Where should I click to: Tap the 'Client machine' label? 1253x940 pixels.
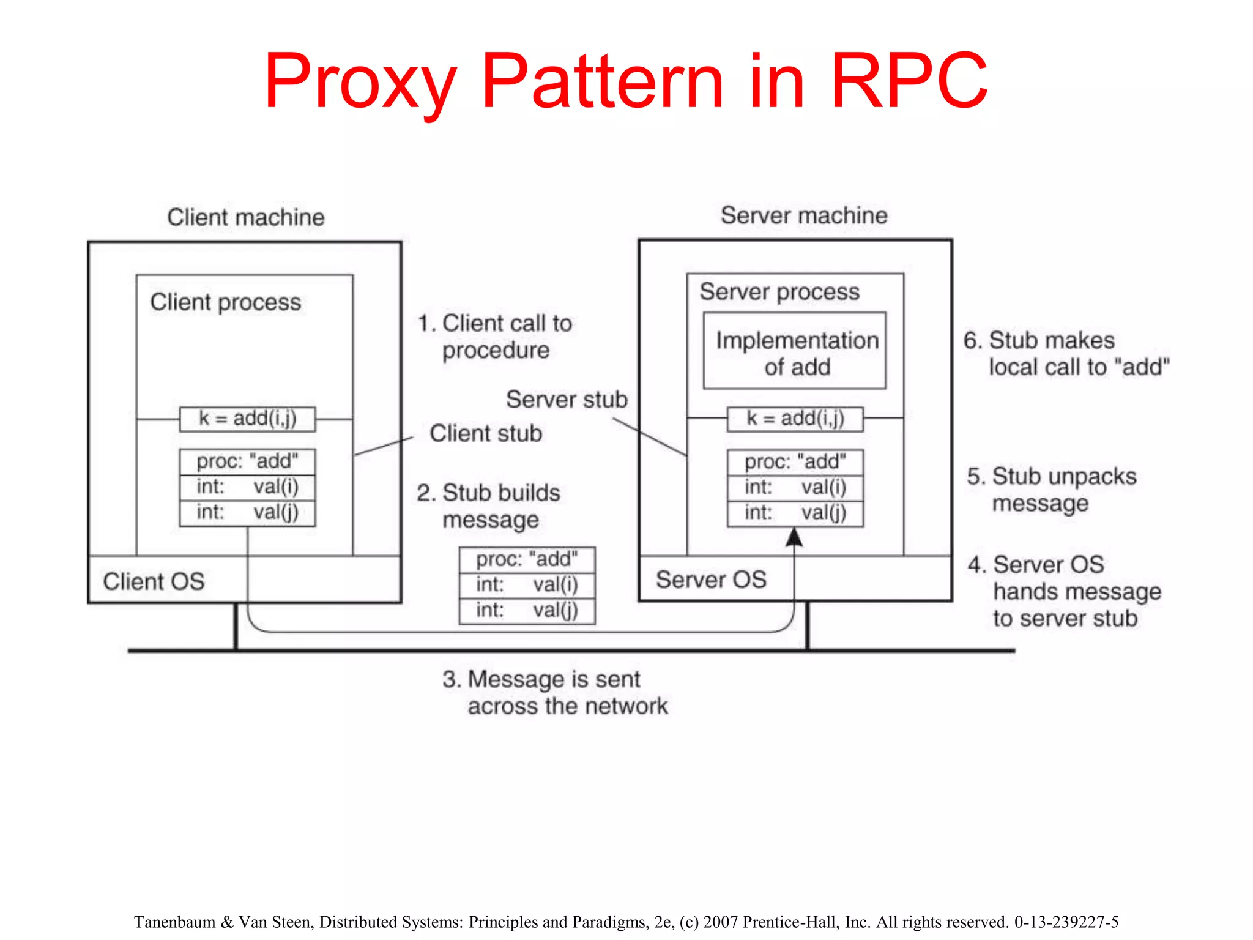tap(246, 217)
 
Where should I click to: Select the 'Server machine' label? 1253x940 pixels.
tap(803, 215)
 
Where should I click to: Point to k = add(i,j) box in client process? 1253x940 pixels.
tap(247, 419)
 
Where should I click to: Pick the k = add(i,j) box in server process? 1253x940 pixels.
tap(795, 419)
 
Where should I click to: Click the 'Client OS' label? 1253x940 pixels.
tap(154, 581)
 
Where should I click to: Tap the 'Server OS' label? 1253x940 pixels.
tap(711, 580)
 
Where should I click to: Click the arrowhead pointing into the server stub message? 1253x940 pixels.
tap(794, 537)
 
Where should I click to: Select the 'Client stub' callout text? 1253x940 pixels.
tap(486, 433)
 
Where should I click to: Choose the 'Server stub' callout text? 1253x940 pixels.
tap(567, 400)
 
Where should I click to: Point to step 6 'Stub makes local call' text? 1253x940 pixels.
tap(1066, 354)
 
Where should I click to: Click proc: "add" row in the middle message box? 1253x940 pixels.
tap(527, 559)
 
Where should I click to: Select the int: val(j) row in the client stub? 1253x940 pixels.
tap(247, 512)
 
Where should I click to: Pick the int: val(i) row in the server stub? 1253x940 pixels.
tap(795, 488)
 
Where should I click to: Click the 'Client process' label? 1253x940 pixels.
tap(226, 302)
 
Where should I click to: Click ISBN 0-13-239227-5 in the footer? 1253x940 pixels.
tap(1066, 922)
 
